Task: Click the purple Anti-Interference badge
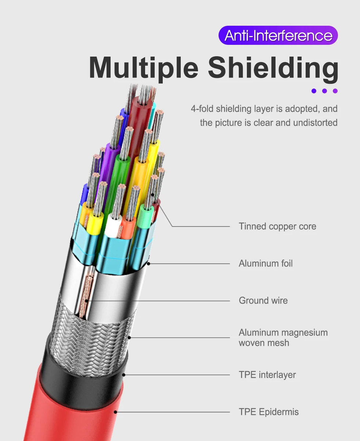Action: pos(278,36)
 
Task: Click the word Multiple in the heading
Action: pos(144,68)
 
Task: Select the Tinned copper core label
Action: pos(277,226)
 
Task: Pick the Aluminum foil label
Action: pos(266,263)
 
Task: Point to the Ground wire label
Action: pos(263,301)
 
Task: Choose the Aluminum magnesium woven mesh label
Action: pos(283,338)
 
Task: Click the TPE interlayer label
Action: pos(267,375)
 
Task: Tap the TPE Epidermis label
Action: pos(269,412)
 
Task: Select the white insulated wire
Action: pos(113,226)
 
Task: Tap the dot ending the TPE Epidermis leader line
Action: pos(116,412)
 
